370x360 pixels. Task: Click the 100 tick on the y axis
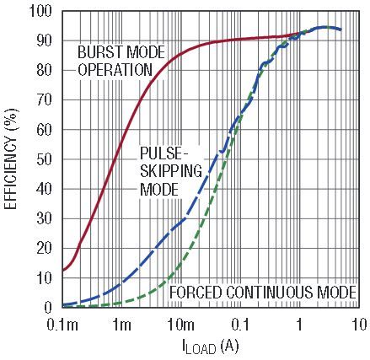(x=40, y=12)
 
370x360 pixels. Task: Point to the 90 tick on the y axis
(x=43, y=41)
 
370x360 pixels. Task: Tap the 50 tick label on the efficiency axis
(x=43, y=159)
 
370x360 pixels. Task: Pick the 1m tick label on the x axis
(x=121, y=325)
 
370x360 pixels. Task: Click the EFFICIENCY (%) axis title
(x=11, y=160)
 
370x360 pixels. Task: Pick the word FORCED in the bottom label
(x=196, y=293)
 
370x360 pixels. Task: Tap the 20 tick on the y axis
(x=43, y=249)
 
